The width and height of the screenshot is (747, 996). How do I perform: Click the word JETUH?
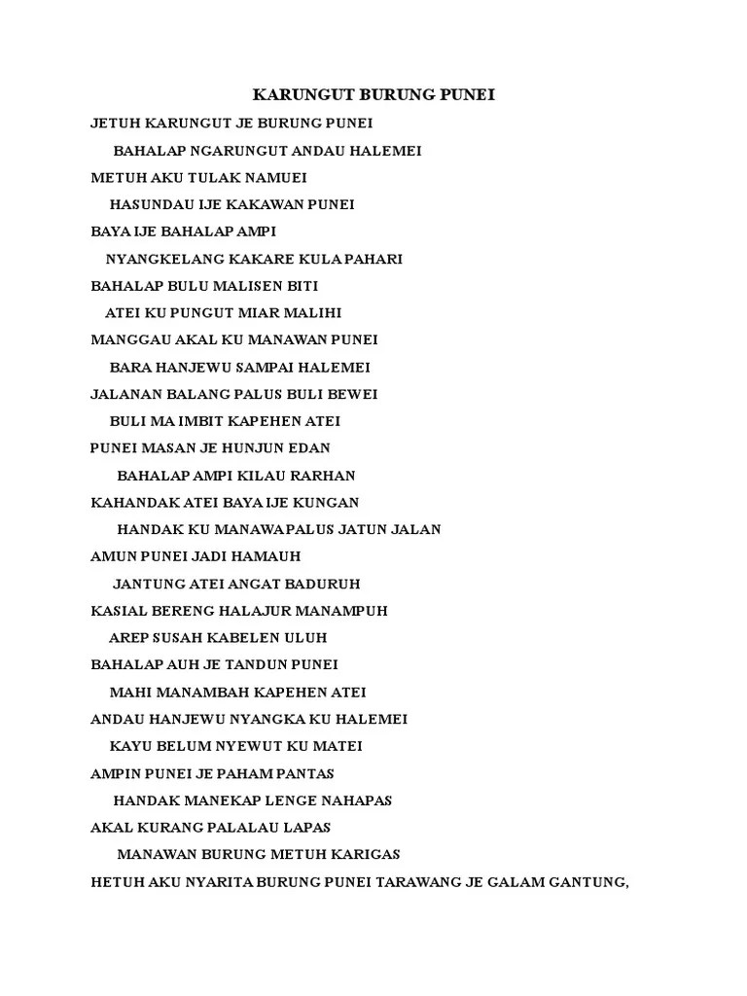point(115,124)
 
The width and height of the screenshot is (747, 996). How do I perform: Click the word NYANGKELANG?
point(156,260)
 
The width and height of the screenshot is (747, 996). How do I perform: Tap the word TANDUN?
point(253,665)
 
